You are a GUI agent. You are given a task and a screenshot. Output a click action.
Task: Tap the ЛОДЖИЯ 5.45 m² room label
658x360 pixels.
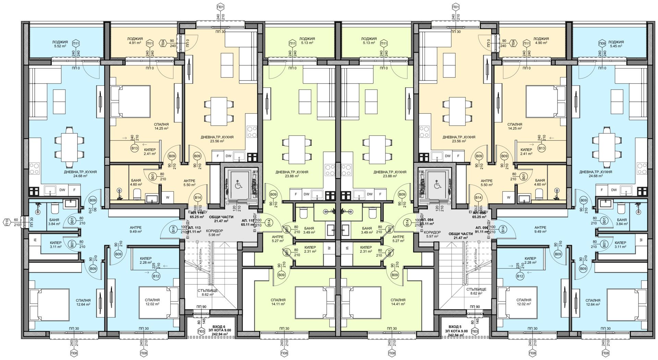click(616, 44)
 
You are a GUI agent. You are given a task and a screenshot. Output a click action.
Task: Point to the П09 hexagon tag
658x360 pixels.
click(601, 44)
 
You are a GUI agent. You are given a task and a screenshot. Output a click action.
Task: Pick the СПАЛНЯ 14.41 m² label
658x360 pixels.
click(398, 302)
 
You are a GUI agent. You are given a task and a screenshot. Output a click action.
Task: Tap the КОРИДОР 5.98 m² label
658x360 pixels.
click(215, 233)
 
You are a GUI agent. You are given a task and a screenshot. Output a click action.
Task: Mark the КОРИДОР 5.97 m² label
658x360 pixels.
click(432, 235)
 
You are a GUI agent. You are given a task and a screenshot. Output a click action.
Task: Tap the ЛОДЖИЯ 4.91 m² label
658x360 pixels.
click(135, 41)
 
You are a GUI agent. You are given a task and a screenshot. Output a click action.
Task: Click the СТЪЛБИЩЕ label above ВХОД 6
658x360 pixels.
click(207, 292)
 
